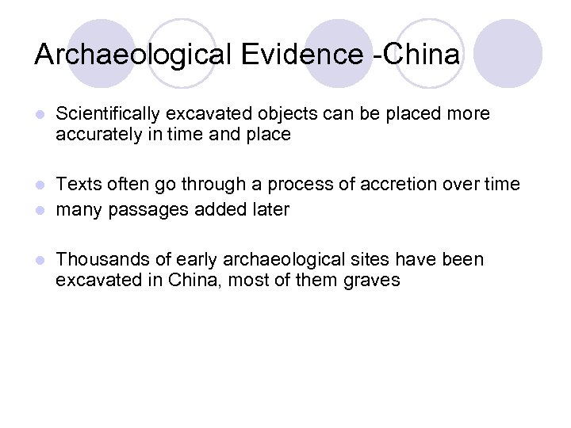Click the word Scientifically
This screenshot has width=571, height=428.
108,114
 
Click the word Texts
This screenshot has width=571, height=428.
77,185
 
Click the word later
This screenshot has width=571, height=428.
270,209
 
